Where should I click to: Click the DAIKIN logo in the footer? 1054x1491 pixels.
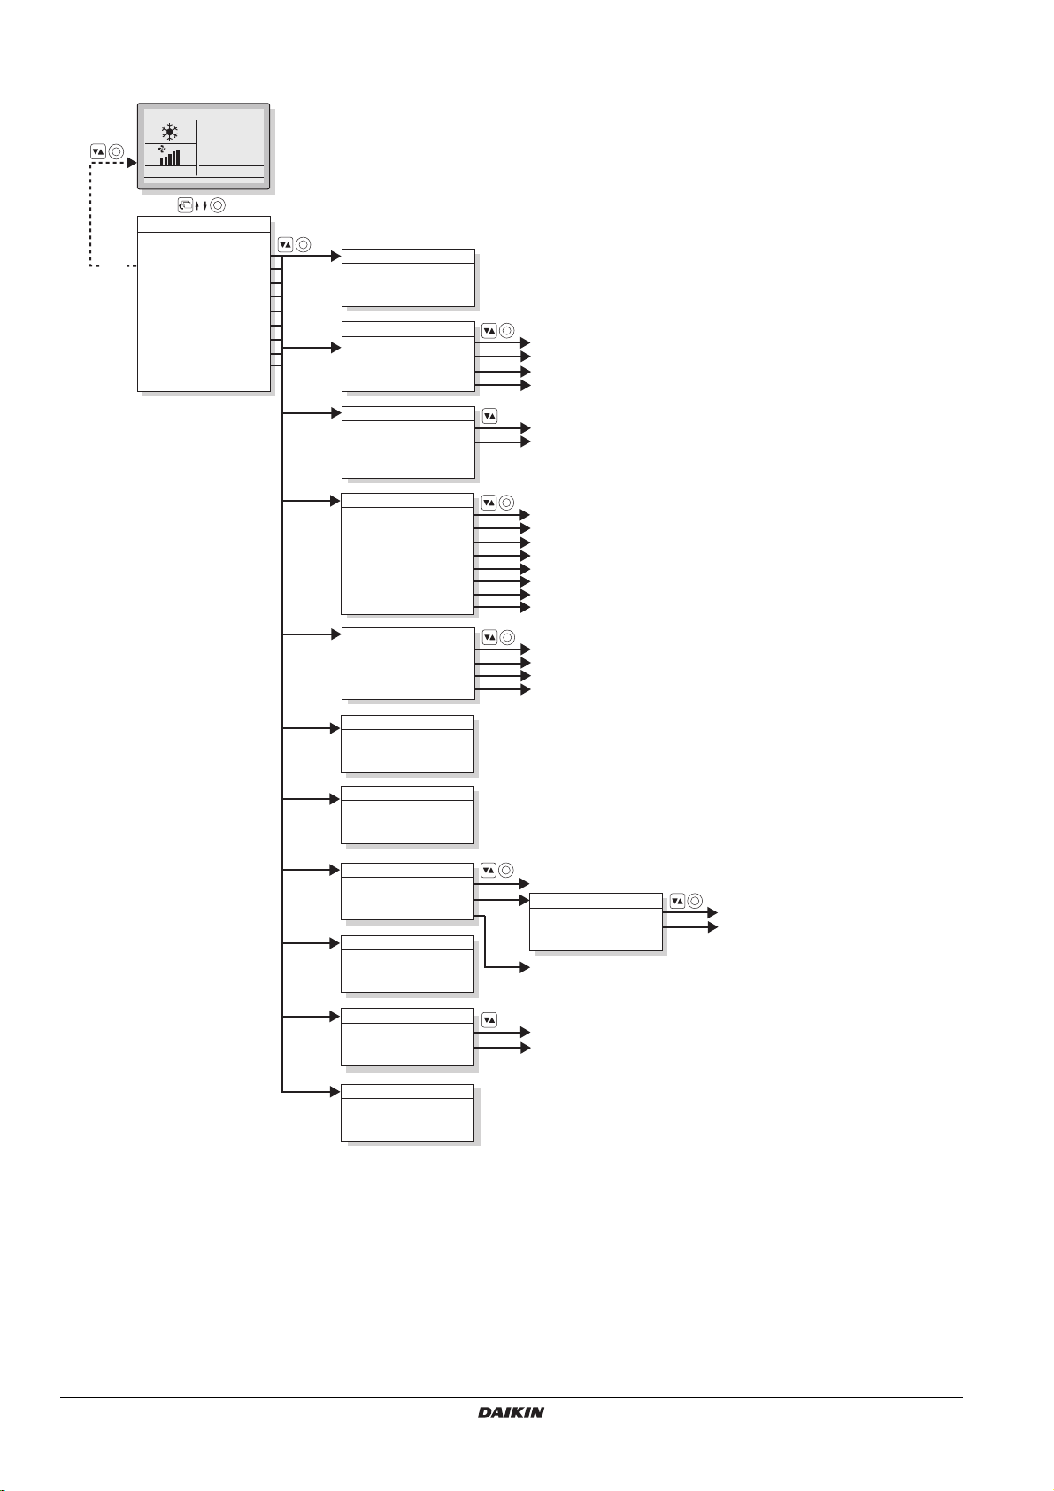[x=511, y=1412]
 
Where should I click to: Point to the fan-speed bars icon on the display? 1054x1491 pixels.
[x=169, y=158]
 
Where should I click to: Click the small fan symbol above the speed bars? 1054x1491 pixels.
[x=162, y=148]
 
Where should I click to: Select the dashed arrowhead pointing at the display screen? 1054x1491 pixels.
[x=131, y=163]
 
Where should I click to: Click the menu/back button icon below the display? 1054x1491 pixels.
[x=185, y=205]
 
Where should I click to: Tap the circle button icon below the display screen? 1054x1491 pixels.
[x=218, y=205]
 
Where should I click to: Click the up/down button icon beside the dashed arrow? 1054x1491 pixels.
[x=98, y=151]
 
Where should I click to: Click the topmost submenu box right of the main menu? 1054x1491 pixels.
[x=408, y=278]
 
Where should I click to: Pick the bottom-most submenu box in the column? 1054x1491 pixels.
[x=407, y=1112]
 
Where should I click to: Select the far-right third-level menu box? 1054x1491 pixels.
[x=596, y=922]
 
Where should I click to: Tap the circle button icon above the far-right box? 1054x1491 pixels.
[x=695, y=902]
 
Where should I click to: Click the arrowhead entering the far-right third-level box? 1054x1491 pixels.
[x=524, y=901]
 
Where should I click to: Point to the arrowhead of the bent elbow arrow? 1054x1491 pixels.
[x=524, y=968]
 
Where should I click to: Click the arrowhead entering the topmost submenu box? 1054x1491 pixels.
[x=335, y=257]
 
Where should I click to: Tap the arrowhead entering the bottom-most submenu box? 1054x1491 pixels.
[x=335, y=1092]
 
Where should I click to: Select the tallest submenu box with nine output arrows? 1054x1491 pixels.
[x=407, y=554]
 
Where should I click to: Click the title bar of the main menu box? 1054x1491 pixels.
[x=204, y=224]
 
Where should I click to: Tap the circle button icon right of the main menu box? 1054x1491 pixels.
[x=303, y=245]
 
